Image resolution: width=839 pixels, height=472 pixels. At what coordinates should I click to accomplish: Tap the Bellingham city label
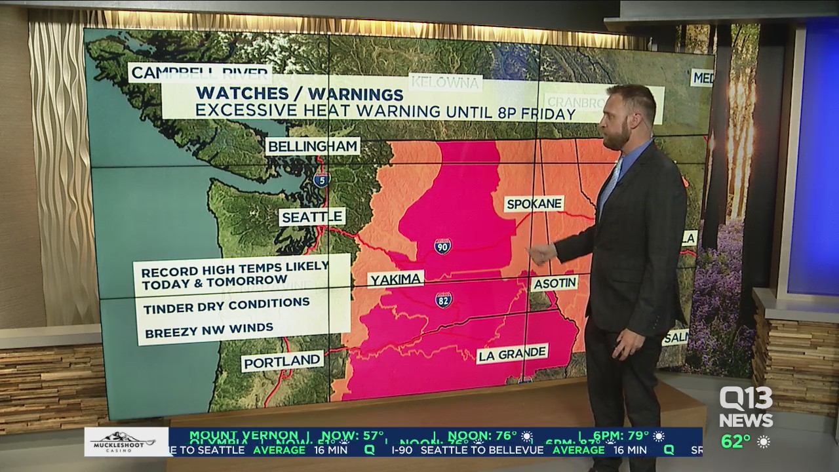click(313, 146)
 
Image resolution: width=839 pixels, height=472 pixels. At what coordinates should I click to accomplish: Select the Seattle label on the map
click(312, 216)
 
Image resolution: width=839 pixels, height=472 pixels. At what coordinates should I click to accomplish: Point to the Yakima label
click(395, 280)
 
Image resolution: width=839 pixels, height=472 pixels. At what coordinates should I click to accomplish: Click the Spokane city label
click(534, 204)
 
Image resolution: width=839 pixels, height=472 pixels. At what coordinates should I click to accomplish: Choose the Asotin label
click(555, 283)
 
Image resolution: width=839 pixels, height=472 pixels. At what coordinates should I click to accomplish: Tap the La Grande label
click(512, 354)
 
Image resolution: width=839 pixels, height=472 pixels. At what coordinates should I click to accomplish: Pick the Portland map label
click(283, 361)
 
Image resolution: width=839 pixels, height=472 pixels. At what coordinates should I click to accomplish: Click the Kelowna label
click(446, 83)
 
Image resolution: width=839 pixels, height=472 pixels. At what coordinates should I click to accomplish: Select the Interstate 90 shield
click(442, 246)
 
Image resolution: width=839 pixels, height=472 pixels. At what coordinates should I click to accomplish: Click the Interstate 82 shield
click(444, 300)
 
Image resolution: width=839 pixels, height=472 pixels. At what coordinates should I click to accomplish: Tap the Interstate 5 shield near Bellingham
click(321, 178)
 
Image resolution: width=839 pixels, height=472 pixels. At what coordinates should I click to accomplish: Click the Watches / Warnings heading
click(300, 94)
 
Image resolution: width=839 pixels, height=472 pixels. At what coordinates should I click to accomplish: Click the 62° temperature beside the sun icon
click(736, 441)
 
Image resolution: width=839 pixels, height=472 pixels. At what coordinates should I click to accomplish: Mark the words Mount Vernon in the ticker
click(244, 435)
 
